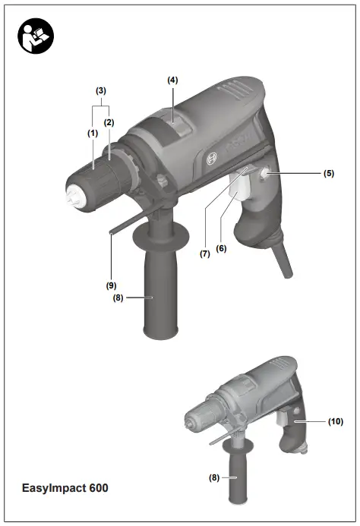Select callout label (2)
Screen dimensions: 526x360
[x=109, y=121]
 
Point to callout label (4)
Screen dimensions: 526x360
[x=172, y=80]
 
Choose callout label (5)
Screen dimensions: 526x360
[x=328, y=173]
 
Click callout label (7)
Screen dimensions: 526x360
[x=204, y=254]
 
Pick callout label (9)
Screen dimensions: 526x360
[x=110, y=286]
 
